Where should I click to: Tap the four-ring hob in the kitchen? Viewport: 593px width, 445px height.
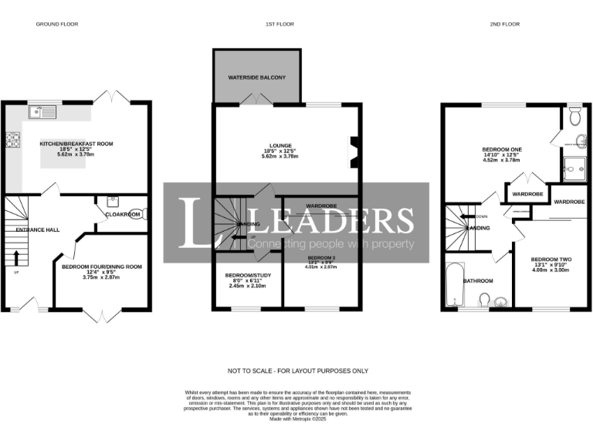click(x=13, y=140)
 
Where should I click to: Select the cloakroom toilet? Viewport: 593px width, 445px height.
click(x=136, y=215)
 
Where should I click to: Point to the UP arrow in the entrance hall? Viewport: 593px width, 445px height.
click(x=17, y=256)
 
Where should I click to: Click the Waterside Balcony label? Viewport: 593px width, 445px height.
click(x=256, y=78)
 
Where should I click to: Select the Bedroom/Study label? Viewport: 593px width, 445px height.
click(x=247, y=275)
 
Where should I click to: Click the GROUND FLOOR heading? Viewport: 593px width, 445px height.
click(x=57, y=24)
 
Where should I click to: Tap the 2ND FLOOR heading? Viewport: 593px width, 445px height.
click(x=505, y=24)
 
